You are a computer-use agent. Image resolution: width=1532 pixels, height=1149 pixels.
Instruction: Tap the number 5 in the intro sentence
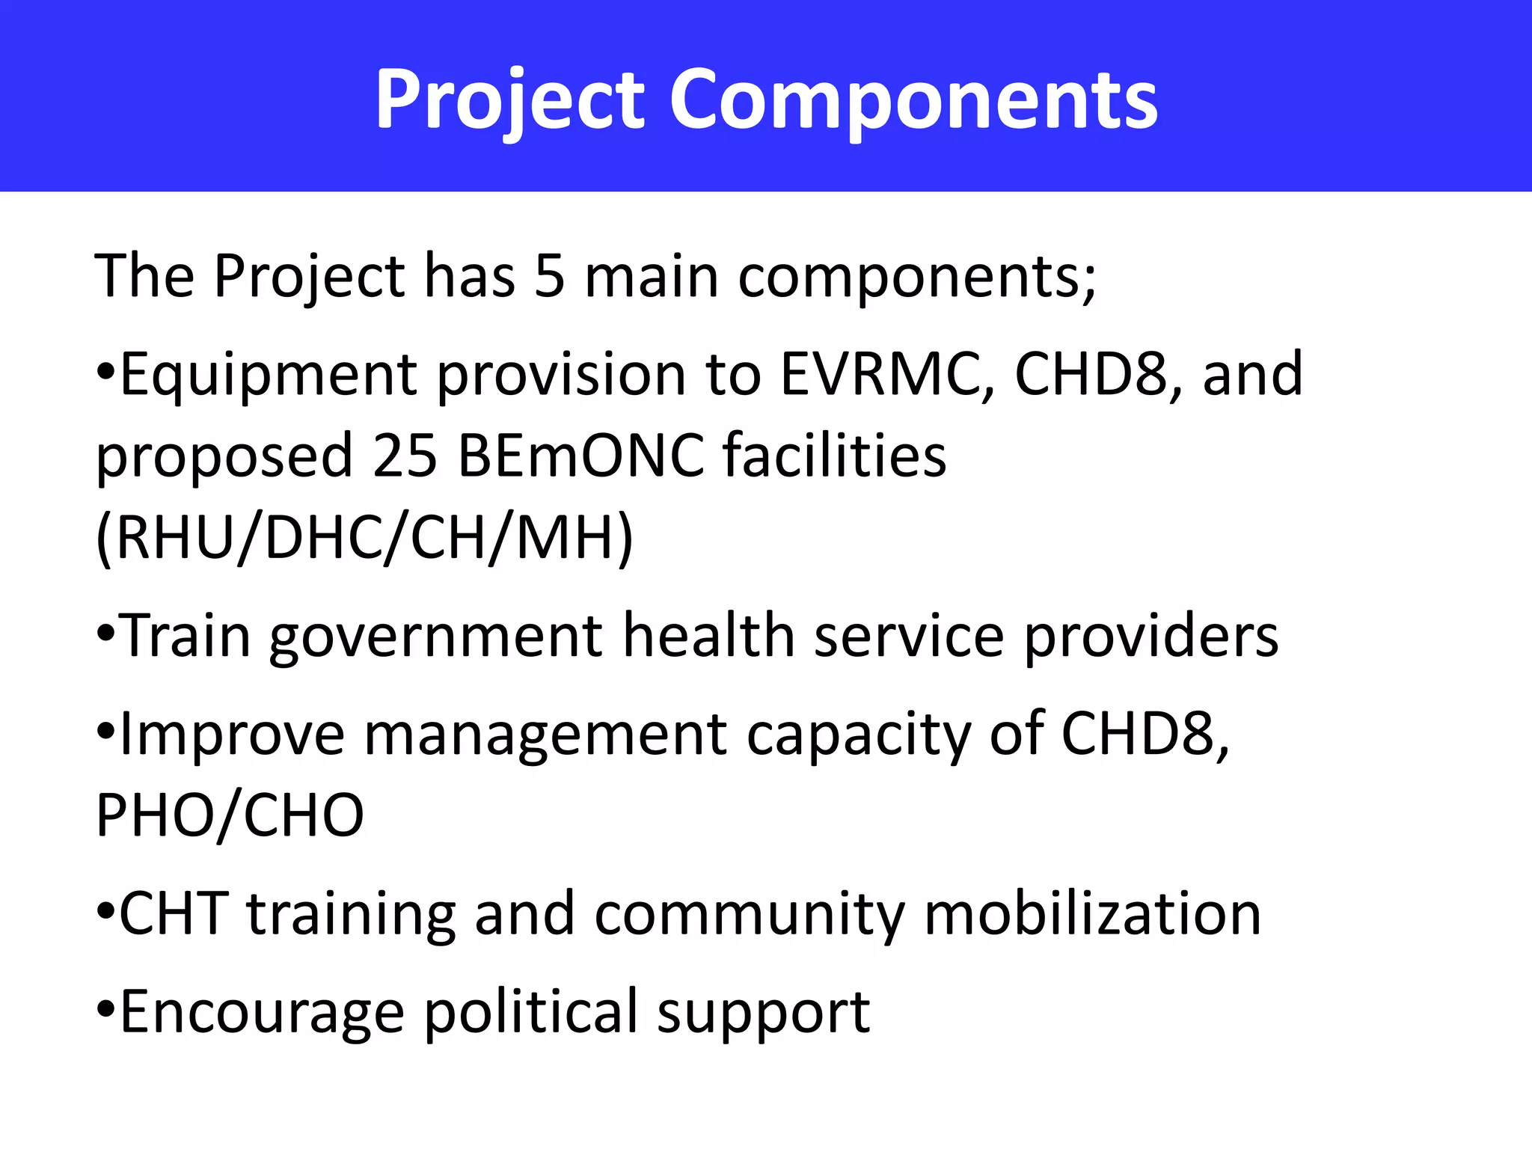coord(550,277)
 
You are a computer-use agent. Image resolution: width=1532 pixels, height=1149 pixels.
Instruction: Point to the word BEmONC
coord(581,456)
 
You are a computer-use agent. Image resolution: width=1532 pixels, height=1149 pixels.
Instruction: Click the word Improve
coord(232,737)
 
